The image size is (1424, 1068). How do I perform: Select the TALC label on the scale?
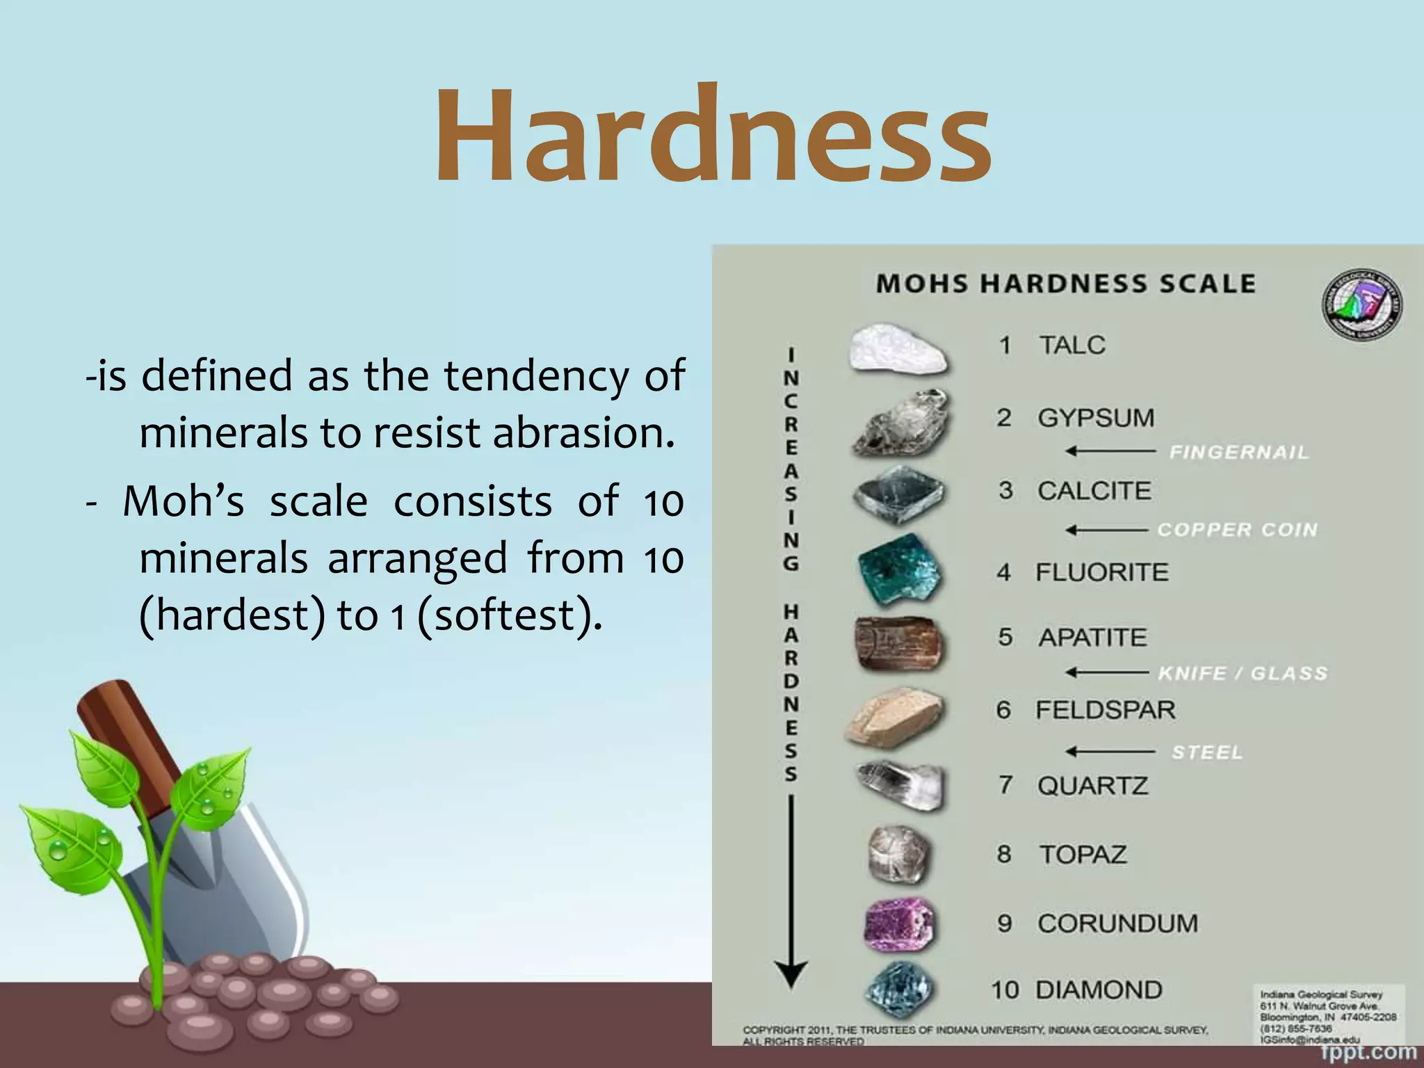(x=1071, y=345)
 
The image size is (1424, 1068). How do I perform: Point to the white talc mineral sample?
(x=898, y=350)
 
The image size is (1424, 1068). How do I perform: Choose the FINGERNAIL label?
(x=1238, y=453)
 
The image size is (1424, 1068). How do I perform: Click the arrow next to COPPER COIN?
(x=1106, y=531)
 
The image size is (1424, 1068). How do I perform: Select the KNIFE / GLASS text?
(x=1243, y=673)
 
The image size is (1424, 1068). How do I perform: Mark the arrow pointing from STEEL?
(x=1110, y=752)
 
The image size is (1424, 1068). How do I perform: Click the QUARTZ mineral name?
(x=1092, y=786)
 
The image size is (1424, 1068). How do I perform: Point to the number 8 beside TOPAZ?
(x=1004, y=854)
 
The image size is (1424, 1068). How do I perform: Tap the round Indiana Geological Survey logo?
(x=1361, y=305)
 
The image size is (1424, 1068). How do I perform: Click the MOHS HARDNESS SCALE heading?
(x=1065, y=284)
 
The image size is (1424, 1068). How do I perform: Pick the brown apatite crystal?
(x=899, y=643)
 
